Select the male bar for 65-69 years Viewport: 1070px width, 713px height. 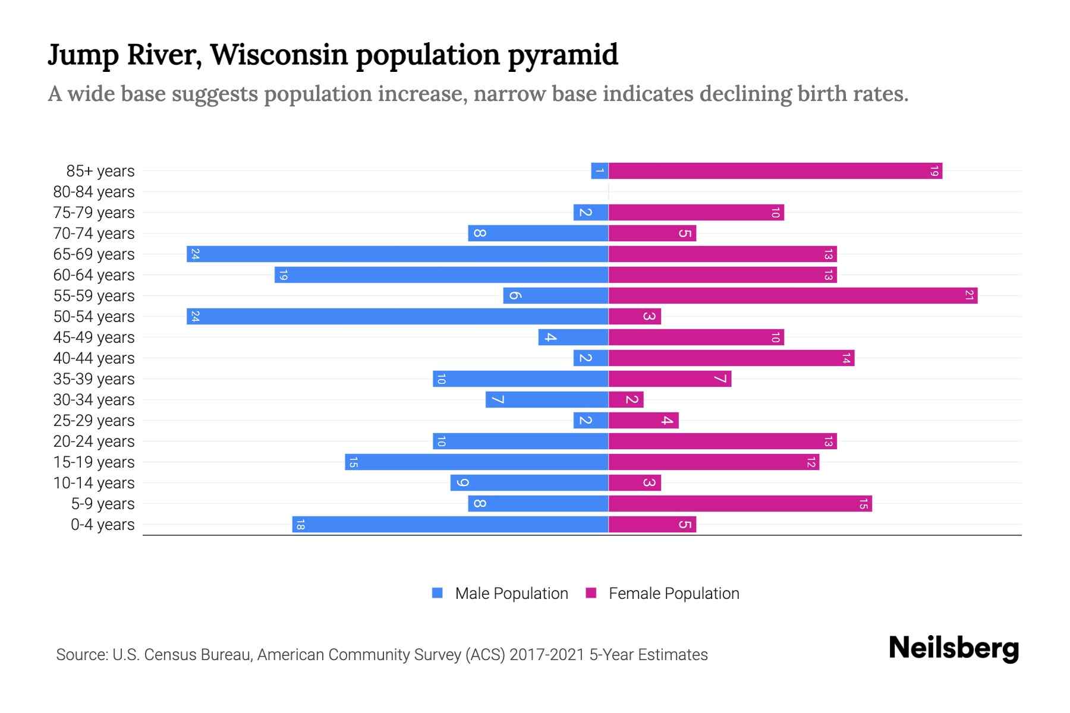(397, 254)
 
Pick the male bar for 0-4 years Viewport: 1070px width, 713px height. (450, 525)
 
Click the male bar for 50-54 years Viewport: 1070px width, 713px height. (397, 317)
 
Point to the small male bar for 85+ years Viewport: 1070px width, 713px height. (599, 171)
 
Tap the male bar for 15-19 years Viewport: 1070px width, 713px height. (476, 462)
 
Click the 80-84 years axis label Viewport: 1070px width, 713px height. (94, 192)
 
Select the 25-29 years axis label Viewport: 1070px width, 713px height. (94, 421)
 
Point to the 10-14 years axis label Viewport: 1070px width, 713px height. (94, 483)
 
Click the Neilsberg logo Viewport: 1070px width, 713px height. (953, 648)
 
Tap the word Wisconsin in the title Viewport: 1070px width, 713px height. (279, 55)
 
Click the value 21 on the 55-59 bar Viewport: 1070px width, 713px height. (969, 296)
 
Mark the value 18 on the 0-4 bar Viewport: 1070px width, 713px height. (300, 525)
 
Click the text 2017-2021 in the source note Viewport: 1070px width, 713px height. (547, 655)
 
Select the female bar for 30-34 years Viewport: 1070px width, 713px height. (625, 400)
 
